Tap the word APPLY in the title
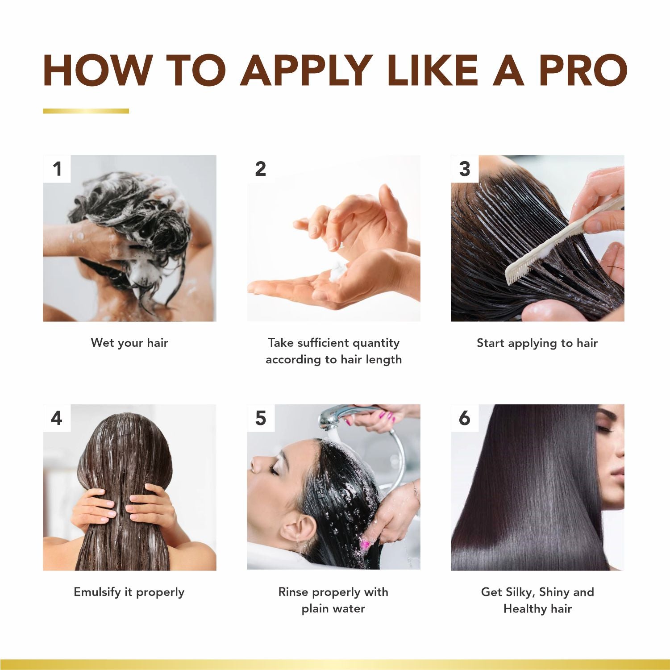306,71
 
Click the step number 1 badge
57,169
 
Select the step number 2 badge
261,169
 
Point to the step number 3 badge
465,169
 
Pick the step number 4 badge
57,418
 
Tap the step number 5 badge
261,418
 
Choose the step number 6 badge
465,418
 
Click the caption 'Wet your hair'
129,343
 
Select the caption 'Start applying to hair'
537,343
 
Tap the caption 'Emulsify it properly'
129,592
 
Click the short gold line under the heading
86,111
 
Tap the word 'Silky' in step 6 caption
520,592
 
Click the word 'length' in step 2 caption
384,360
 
